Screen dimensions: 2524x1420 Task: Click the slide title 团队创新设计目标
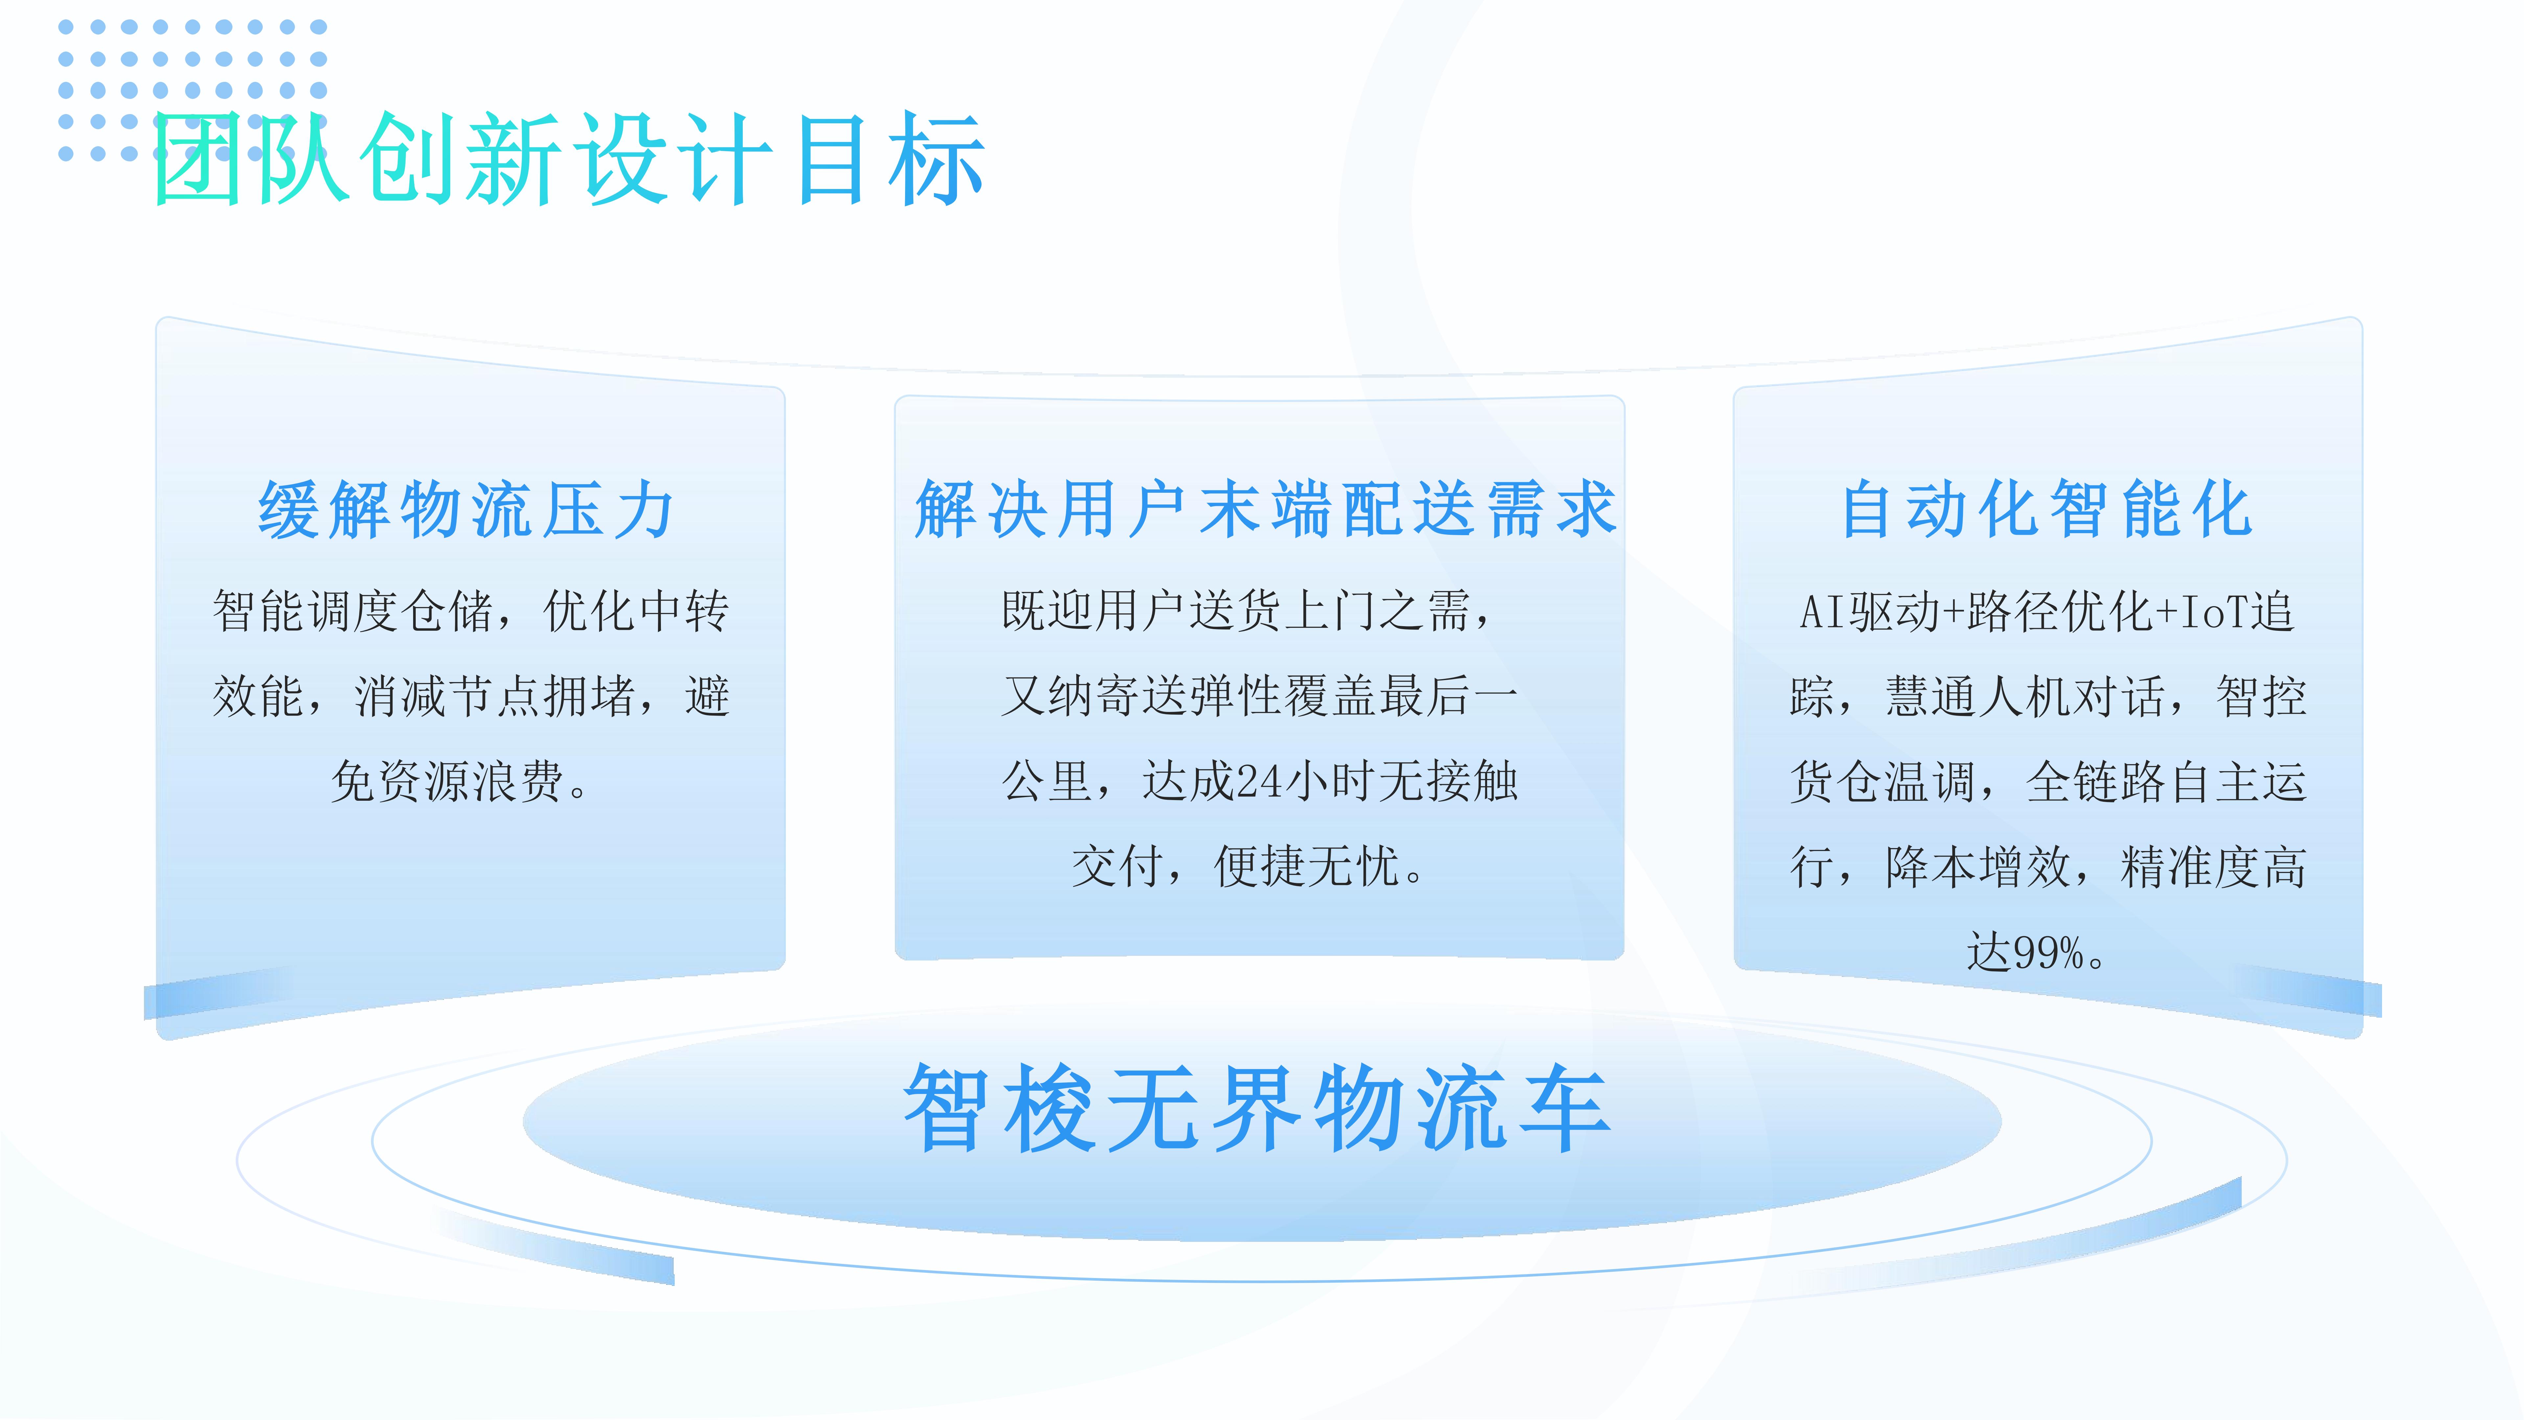pyautogui.click(x=568, y=159)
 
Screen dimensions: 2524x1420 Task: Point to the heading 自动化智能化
pyautogui.click(x=2048, y=509)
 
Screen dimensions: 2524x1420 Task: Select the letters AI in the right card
pyautogui.click(x=1824, y=612)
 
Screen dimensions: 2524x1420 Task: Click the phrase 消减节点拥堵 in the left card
pyautogui.click(x=495, y=697)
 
